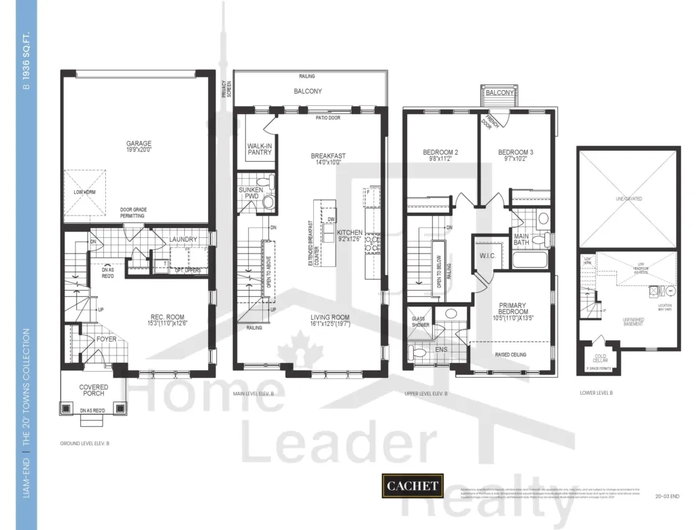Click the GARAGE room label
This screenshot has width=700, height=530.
point(139,143)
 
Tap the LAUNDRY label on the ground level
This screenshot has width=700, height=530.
point(183,239)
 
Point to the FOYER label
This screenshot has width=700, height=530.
point(106,338)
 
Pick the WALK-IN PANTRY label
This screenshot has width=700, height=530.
point(260,148)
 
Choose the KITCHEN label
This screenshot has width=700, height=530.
point(350,232)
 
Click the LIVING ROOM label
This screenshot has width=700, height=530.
point(330,317)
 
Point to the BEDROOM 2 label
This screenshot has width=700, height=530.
point(440,153)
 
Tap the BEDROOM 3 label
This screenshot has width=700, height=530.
point(515,153)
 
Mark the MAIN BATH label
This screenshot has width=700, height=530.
point(522,240)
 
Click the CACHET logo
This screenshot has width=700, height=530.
point(413,487)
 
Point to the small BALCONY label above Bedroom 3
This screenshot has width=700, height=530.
point(500,92)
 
